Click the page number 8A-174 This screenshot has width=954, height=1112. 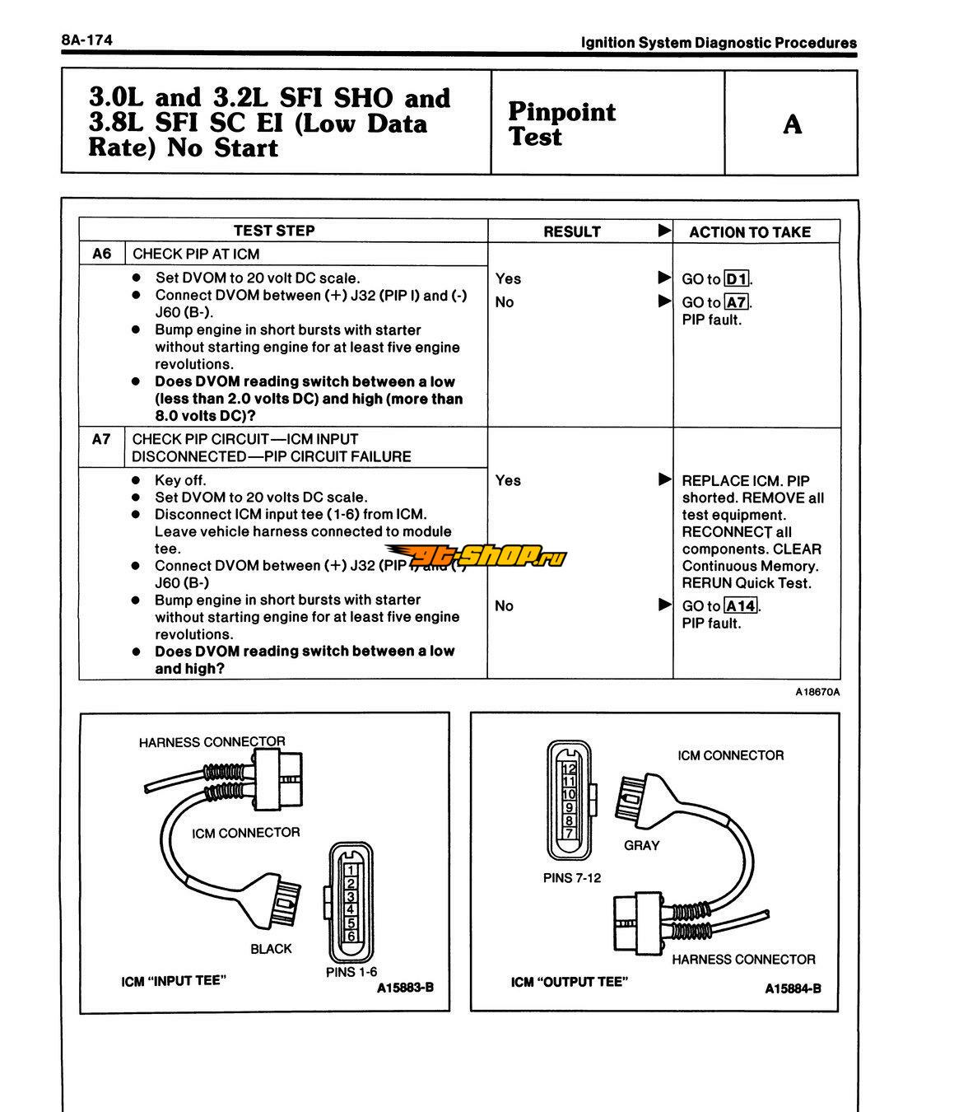point(86,40)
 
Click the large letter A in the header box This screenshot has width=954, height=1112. point(792,124)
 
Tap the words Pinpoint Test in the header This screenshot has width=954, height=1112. point(561,124)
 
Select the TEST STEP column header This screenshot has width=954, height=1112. point(273,231)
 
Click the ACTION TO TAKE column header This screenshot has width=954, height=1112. point(750,232)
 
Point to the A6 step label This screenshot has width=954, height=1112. point(101,254)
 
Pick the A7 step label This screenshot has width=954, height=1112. point(101,439)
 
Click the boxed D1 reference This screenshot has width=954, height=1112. point(737,279)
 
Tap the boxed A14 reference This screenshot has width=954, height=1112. point(741,606)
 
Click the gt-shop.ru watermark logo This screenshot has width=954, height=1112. point(477,557)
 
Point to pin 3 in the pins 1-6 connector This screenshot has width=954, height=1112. point(351,896)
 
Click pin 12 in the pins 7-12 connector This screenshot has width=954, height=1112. point(568,769)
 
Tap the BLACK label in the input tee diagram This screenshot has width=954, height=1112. point(272,949)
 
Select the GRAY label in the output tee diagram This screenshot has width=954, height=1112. point(641,845)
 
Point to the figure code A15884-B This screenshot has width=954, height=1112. point(793,988)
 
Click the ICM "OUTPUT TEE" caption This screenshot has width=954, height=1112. point(569,982)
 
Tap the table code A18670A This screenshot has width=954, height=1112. point(817,692)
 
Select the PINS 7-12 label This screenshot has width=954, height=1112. point(572,878)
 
